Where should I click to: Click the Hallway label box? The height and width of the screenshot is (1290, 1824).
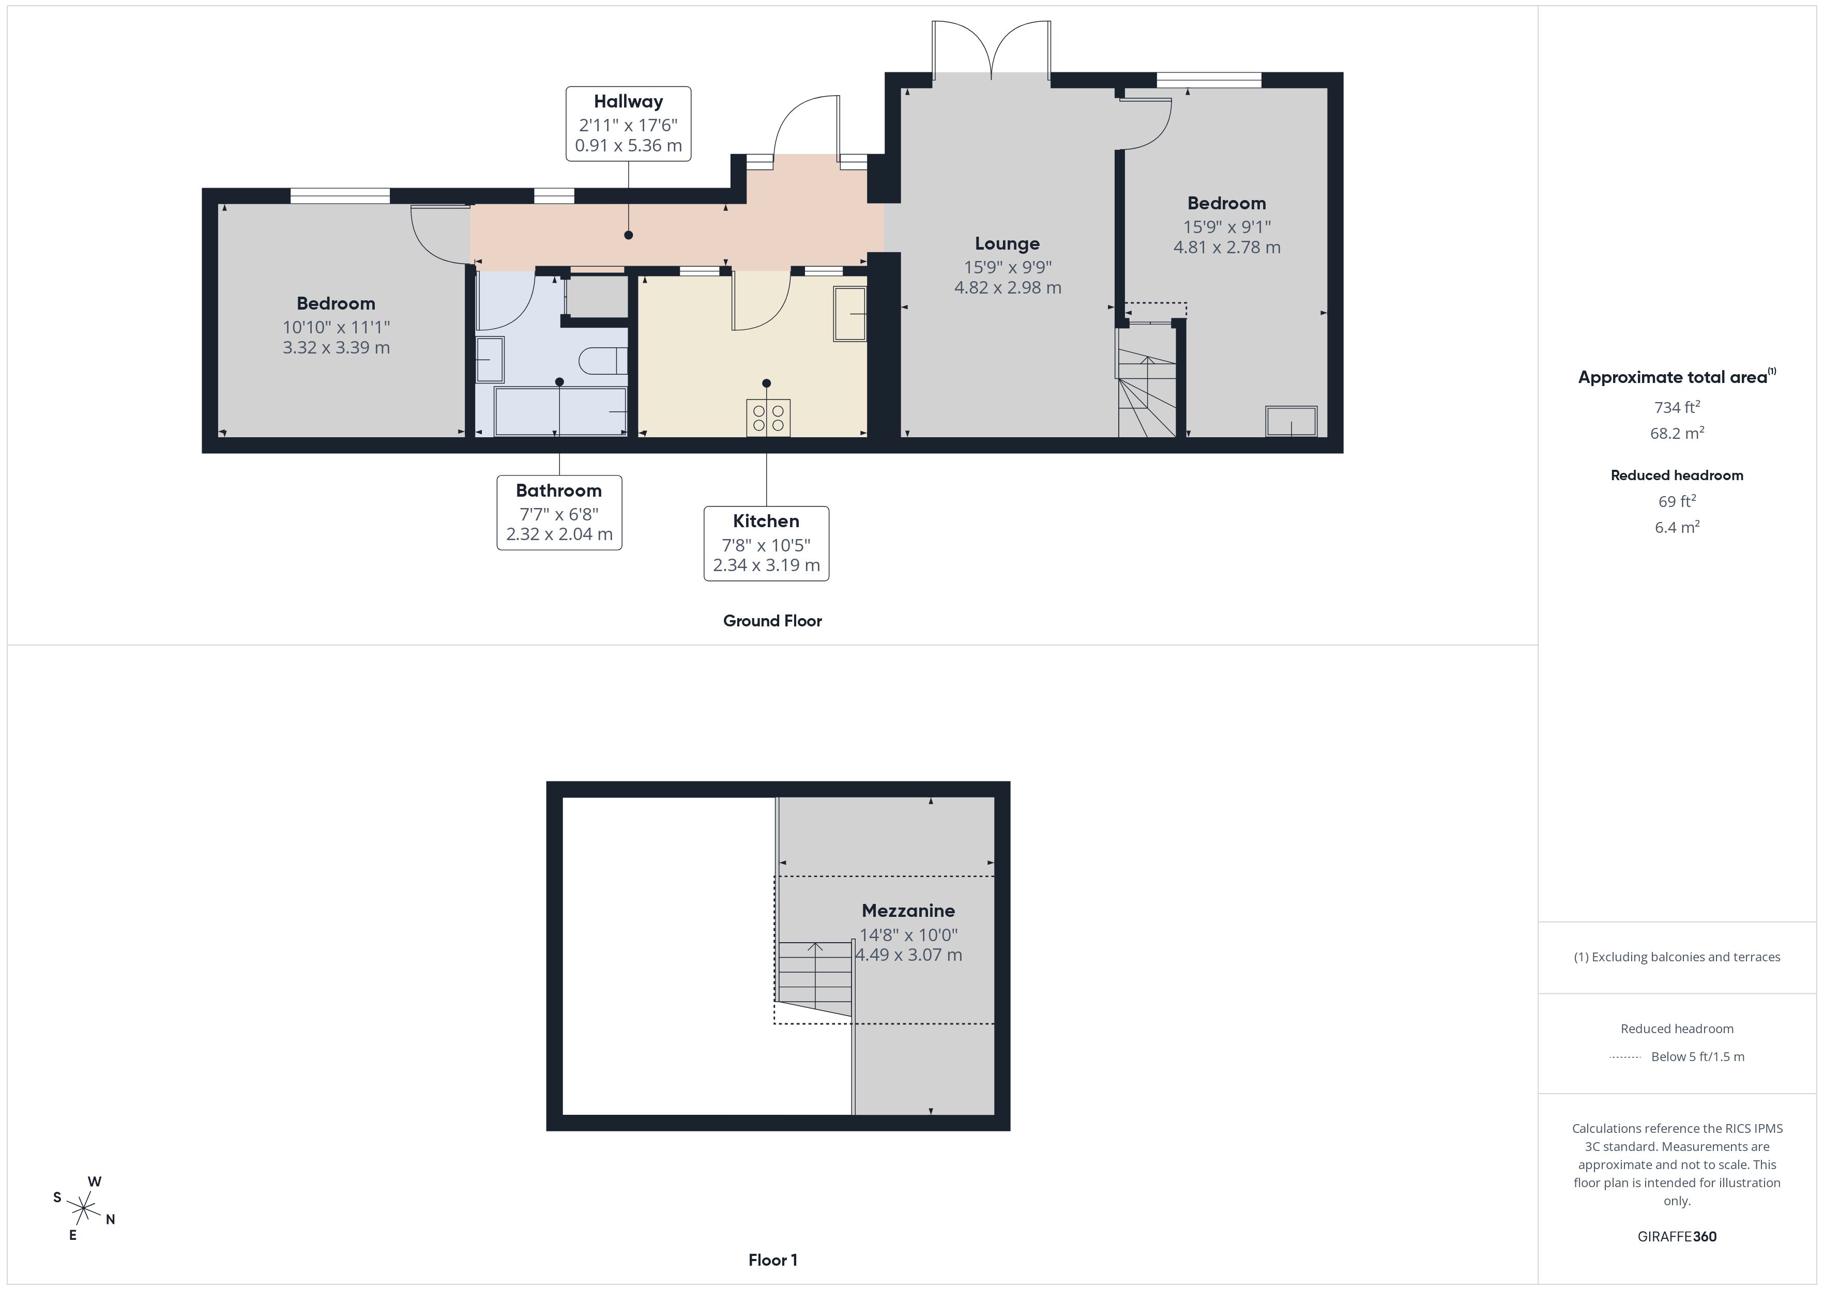coord(628,124)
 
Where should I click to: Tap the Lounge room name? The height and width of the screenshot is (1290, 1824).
coord(1007,244)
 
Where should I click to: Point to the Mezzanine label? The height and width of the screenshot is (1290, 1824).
coord(908,911)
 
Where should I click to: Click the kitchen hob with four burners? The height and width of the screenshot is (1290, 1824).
coord(767,418)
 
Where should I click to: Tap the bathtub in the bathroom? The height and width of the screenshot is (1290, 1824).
coord(560,411)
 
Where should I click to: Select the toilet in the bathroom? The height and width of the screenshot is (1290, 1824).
coord(603,361)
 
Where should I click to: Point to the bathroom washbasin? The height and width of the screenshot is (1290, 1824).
coord(490,360)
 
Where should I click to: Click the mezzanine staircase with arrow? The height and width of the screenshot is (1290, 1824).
coord(815,977)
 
